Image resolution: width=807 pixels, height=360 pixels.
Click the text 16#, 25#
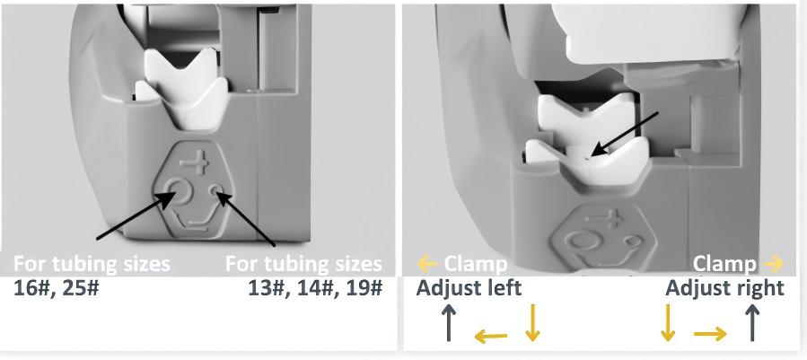(56, 288)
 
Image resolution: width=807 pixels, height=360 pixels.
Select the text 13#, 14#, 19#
(315, 288)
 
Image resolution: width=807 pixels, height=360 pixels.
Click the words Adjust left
(469, 287)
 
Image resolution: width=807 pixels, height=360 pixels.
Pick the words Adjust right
(724, 288)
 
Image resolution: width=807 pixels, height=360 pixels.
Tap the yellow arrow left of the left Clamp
(427, 264)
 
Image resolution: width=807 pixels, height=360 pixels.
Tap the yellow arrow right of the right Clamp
(774, 264)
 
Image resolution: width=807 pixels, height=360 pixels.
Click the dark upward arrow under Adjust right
(752, 322)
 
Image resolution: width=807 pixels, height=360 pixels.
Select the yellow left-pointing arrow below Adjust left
(491, 337)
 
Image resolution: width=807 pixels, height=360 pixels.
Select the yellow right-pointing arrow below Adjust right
(710, 334)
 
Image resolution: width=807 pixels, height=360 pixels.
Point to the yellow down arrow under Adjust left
(532, 322)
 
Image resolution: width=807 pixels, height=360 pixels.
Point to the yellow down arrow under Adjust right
(668, 322)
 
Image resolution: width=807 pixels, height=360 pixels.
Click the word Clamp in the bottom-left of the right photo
(475, 264)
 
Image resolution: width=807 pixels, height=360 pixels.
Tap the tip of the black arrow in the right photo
(592, 155)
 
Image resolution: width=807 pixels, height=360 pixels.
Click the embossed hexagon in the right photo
(598, 239)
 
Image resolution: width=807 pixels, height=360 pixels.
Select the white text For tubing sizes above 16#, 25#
(92, 264)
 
